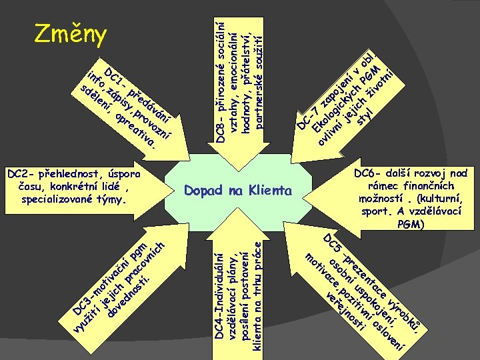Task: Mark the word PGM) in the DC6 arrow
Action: (410, 225)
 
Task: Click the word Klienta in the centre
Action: (269, 191)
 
